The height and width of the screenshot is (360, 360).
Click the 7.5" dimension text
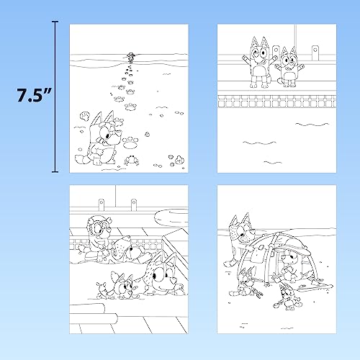pyautogui.click(x=27, y=96)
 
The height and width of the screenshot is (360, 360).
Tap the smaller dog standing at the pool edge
pyautogui.click(x=289, y=68)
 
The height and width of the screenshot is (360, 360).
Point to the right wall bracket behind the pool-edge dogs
pyautogui.click(x=315, y=50)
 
